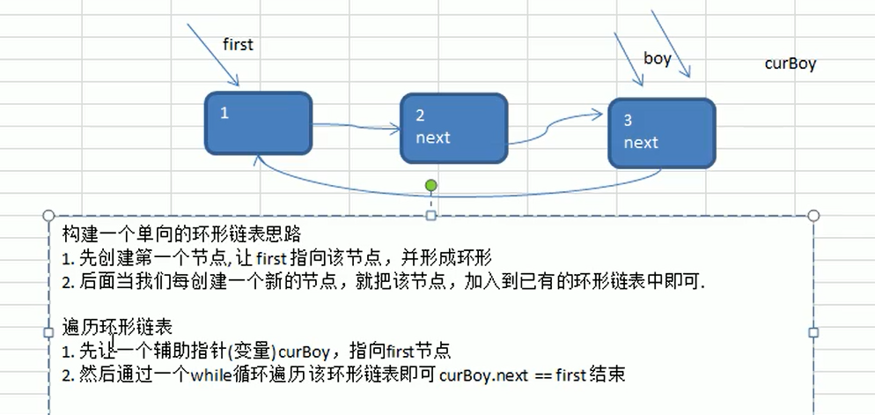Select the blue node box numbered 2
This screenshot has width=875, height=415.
tap(453, 128)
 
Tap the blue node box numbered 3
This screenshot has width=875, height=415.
tap(661, 132)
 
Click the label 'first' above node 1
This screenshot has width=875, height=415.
tap(238, 44)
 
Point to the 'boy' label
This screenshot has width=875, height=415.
tap(658, 59)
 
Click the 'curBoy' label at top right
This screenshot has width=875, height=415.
tap(790, 63)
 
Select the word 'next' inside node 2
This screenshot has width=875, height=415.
tap(433, 137)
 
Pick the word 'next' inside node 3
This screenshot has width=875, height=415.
tap(641, 142)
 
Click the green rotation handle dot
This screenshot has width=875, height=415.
tap(430, 185)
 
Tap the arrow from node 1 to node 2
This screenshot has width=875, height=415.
tap(357, 126)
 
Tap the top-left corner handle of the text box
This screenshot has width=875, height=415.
tap(49, 216)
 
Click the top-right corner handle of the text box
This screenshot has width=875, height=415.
tap(812, 216)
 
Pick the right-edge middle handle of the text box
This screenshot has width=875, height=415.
tap(812, 332)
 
